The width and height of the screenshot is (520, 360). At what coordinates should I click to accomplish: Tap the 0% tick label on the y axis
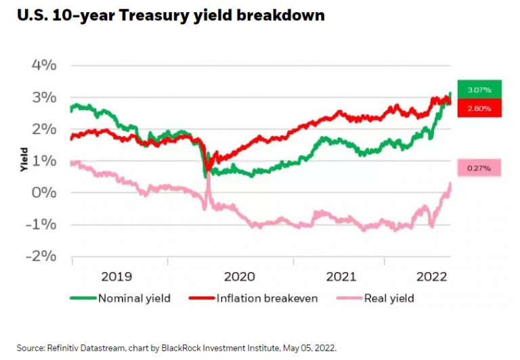coord(45,193)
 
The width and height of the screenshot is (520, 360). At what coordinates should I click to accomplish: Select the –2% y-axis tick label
coord(41,256)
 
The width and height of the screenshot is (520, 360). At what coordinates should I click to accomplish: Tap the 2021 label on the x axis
coord(341,276)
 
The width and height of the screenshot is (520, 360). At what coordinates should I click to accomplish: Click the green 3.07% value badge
coord(479,89)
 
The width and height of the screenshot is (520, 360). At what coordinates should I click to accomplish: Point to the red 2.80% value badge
coord(479,108)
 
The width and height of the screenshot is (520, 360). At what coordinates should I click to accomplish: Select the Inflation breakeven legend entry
coord(267,298)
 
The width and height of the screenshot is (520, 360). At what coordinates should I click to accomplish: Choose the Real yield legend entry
coord(389,298)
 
